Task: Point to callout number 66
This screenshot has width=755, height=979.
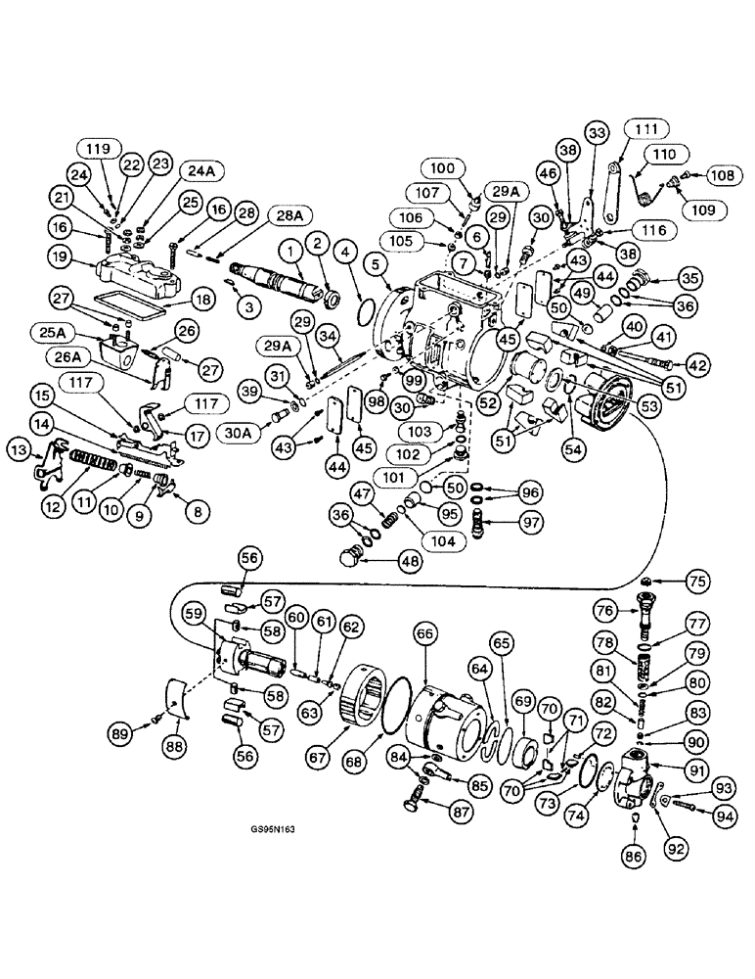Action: [426, 636]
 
